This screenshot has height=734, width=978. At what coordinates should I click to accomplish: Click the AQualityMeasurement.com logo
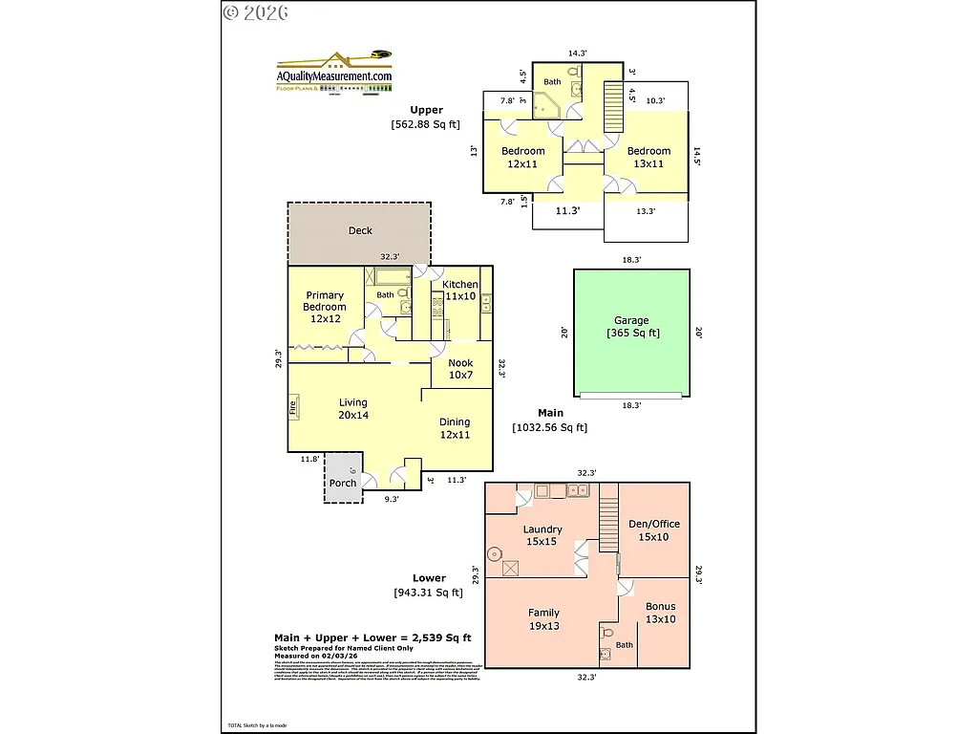(x=334, y=73)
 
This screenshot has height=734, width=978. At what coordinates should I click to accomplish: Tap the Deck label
(x=360, y=230)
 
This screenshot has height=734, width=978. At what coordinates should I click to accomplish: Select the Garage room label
(x=631, y=327)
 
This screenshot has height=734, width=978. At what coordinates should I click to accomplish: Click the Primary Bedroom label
(x=325, y=307)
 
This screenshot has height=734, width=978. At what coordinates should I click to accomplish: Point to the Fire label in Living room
(x=292, y=406)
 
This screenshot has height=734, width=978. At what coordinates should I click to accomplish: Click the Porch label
(x=343, y=483)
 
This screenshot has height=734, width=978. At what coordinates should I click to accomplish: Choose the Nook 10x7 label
(x=460, y=369)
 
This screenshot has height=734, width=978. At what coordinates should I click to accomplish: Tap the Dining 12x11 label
(x=455, y=428)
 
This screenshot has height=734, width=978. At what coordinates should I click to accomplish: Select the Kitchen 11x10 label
(x=460, y=291)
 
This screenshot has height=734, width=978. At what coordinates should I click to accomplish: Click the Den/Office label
(x=653, y=529)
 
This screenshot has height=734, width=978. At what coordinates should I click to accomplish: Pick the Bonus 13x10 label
(x=660, y=613)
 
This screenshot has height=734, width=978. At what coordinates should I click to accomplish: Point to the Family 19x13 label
(x=543, y=619)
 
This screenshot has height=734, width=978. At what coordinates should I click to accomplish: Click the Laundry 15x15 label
(x=542, y=535)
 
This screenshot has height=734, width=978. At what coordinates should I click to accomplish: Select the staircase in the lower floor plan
(x=608, y=517)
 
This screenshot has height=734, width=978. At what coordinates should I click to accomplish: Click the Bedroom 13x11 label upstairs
(x=648, y=157)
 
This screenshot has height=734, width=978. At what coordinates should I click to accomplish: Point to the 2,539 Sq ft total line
(x=372, y=637)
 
